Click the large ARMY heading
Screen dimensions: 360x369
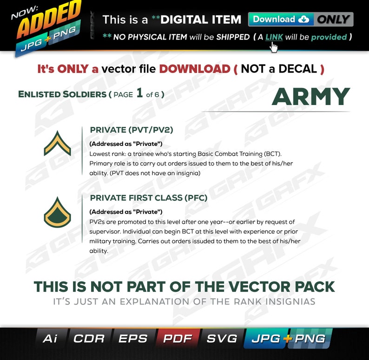point(310,97)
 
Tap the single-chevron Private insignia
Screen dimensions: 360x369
point(57,143)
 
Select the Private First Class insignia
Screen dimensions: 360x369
point(57,212)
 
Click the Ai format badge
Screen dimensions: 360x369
point(50,339)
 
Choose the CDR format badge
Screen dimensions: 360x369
point(89,339)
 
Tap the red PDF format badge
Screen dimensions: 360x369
point(177,339)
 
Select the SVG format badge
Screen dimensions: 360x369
point(222,339)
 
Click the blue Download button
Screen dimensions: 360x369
point(281,20)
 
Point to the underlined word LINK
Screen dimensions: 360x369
point(274,37)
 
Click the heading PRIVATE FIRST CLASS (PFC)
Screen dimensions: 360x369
point(148,198)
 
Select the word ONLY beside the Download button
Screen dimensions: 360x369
point(333,20)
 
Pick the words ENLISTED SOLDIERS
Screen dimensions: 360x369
point(62,94)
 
